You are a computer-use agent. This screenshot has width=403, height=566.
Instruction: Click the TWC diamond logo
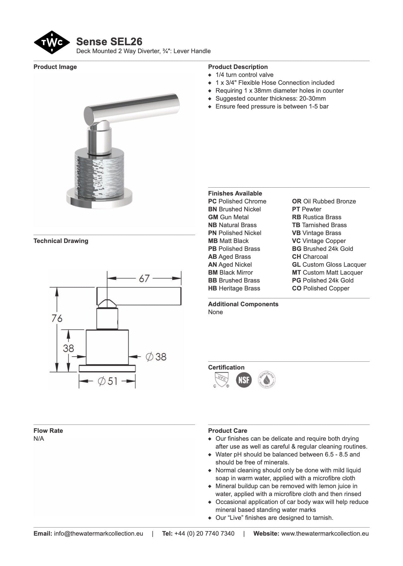pos(52,42)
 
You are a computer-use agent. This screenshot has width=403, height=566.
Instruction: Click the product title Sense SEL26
pos(109,41)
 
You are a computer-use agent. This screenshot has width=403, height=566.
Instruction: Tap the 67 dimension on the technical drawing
pos(144,278)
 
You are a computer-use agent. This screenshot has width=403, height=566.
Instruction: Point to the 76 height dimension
pos(57,318)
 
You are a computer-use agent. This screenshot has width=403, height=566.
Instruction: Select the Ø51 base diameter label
pos(107,381)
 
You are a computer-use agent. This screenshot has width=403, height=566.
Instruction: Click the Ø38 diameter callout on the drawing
pos(156,357)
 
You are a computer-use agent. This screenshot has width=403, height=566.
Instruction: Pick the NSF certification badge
pos(244,380)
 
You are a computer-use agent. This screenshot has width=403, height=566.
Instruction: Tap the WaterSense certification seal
pos(267,380)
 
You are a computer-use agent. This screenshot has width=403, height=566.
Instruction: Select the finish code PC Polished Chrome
pos(237,202)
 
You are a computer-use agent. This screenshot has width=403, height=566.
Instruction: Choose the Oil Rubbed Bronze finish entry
pos(324,202)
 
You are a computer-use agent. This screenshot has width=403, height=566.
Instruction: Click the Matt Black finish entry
pos(228,241)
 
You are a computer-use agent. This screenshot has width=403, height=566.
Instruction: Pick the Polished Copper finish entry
pos(321,289)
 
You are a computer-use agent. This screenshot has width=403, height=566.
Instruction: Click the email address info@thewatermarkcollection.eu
pos(98,534)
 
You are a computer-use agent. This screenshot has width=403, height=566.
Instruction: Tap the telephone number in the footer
pos(204,534)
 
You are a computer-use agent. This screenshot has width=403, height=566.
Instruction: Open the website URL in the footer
pos(325,534)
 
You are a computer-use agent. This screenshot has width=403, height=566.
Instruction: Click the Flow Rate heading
pos(48,431)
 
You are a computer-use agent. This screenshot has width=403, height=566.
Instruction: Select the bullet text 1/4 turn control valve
pos(244,75)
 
